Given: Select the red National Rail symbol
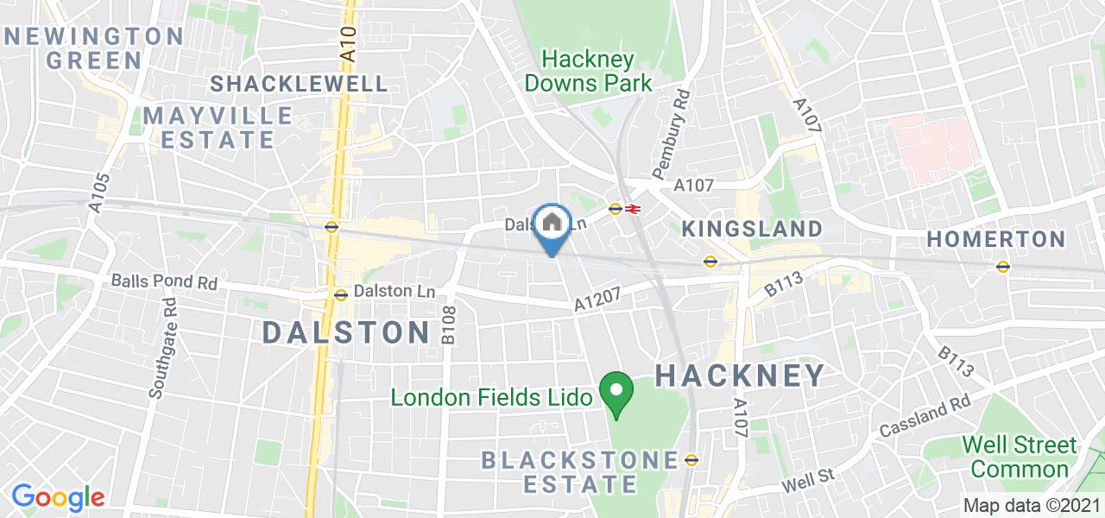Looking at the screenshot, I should pyautogui.click(x=633, y=209).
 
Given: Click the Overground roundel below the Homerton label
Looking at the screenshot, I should pyautogui.click(x=1002, y=266).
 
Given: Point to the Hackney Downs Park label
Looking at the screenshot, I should pyautogui.click(x=589, y=72).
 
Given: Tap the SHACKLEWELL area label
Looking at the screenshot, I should pyautogui.click(x=299, y=84).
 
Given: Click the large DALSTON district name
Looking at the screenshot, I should pyautogui.click(x=346, y=332).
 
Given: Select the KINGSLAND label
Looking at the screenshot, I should pyautogui.click(x=752, y=229).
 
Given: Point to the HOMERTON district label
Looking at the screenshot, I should pyautogui.click(x=996, y=239).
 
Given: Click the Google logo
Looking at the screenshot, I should pyautogui.click(x=58, y=497).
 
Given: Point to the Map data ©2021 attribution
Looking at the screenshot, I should pyautogui.click(x=1032, y=506).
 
